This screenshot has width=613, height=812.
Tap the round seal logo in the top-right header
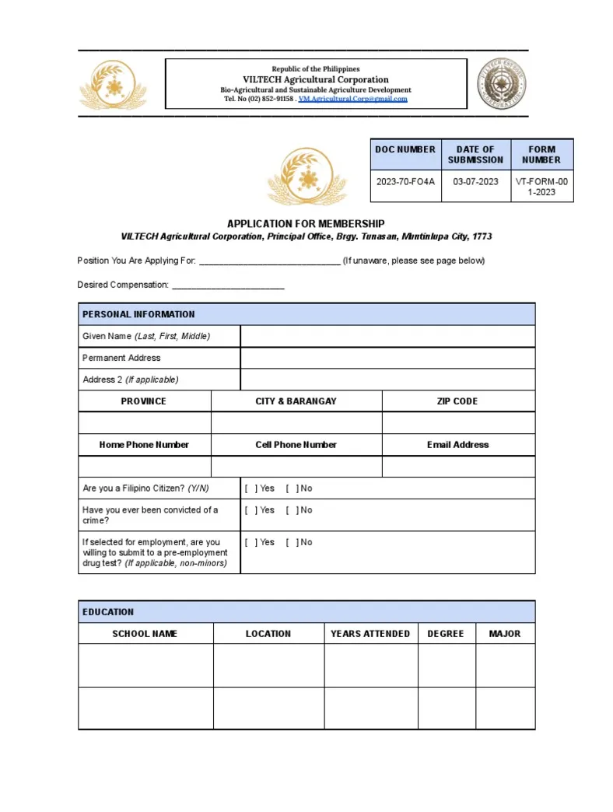501,83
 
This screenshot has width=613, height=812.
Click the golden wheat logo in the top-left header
113,85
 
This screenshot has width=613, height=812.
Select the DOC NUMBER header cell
405,149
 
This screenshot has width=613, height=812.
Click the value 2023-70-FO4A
405,181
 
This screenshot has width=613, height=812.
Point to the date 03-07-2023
475,181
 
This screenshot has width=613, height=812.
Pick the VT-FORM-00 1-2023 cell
541,187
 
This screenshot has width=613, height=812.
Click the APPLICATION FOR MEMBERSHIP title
306,224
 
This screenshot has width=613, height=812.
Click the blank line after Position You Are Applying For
269,261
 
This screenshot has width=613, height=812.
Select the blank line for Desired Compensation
227,285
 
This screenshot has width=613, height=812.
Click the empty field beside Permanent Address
387,358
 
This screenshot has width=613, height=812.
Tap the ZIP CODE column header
457,401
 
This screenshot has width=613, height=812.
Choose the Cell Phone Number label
296,445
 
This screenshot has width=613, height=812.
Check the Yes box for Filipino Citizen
250,488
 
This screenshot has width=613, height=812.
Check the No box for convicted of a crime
292,510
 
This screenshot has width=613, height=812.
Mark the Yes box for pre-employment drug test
250,542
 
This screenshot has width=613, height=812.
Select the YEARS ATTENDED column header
370,634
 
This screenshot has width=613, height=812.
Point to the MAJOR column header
505,634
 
